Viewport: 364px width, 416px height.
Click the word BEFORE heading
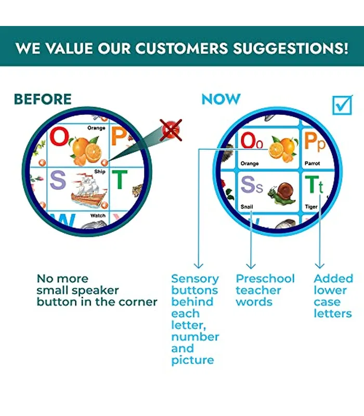(x=43, y=99)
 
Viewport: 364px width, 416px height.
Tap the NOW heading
(x=221, y=99)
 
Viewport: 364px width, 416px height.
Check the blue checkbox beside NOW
(x=343, y=105)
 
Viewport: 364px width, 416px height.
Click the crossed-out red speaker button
(x=171, y=130)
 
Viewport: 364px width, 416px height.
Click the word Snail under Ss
(x=246, y=206)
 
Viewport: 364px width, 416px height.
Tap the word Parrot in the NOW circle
(x=313, y=163)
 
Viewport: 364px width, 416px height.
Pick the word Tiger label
(x=311, y=206)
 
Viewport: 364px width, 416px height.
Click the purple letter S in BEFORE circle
(x=58, y=179)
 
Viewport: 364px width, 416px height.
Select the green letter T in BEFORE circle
(x=120, y=179)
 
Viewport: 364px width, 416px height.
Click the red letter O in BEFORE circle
(x=59, y=136)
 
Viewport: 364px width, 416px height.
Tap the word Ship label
(x=100, y=172)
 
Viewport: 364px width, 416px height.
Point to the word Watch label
(x=98, y=216)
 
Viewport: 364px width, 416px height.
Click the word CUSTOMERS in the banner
(x=181, y=48)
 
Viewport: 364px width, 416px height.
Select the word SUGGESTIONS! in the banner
(x=291, y=48)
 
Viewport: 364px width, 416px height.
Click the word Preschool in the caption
(x=265, y=279)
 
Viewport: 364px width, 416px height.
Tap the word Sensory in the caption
(x=195, y=279)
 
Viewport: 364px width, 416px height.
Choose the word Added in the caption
(x=333, y=279)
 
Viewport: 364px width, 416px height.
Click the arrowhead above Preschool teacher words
(x=251, y=266)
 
